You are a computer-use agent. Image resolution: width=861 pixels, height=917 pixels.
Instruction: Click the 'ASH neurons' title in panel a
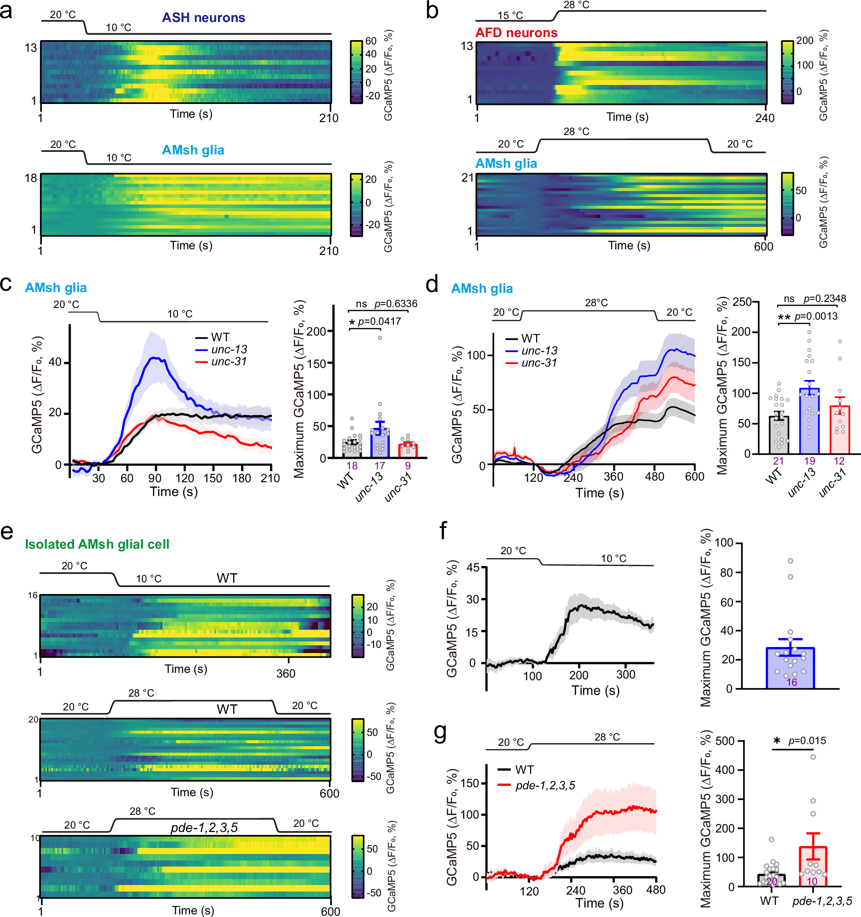(203, 18)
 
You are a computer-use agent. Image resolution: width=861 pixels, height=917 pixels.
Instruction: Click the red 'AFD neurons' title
(516, 33)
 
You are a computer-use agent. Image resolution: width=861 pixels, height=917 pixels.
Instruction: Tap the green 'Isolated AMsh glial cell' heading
(97, 544)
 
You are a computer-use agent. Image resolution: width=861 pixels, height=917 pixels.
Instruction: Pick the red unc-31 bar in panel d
(839, 430)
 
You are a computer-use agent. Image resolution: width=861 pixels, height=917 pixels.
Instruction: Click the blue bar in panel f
(790, 669)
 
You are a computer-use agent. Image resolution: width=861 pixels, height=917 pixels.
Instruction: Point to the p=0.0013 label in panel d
(816, 316)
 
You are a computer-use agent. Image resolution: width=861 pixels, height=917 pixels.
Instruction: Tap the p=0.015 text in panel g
(807, 741)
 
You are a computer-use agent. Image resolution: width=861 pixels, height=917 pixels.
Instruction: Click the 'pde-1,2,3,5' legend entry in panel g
(545, 785)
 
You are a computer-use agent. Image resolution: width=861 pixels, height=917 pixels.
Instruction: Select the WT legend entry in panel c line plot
(220, 337)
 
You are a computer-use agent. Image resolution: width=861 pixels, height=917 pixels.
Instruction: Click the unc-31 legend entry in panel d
(539, 363)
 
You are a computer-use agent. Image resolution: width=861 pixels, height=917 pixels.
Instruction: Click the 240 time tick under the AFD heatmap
(764, 118)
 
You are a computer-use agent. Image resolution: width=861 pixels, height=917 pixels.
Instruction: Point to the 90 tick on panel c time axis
(155, 478)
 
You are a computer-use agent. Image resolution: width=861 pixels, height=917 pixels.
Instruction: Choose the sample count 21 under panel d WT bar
(778, 461)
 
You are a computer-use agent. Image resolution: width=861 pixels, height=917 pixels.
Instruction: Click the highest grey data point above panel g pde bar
(813, 757)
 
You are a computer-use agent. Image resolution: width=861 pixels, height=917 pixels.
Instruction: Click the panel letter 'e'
(7, 532)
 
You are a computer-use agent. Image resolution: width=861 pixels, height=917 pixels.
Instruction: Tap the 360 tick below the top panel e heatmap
(286, 673)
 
